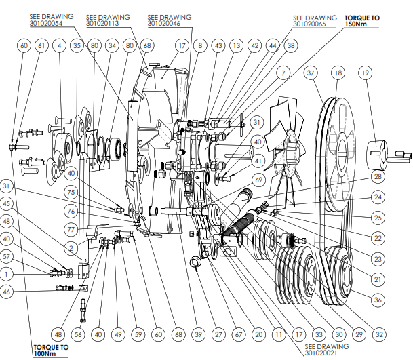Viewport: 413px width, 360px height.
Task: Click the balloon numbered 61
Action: [x=41, y=46]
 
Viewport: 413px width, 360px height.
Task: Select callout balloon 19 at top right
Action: [x=366, y=73]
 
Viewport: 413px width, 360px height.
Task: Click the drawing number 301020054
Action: [x=46, y=23]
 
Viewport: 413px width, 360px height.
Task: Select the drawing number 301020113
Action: [x=103, y=23]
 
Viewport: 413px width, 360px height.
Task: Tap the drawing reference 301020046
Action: [x=164, y=23]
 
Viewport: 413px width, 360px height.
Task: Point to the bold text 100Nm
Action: [x=52, y=353]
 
